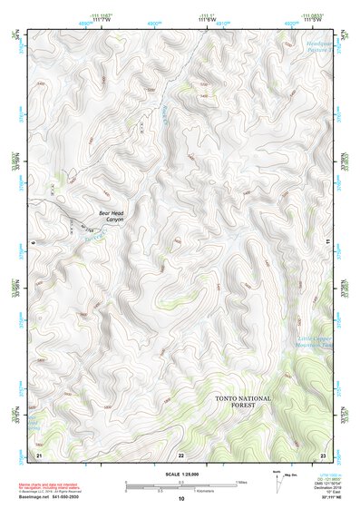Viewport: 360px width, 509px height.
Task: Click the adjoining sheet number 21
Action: [39, 454]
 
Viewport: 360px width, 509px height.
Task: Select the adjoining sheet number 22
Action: [181, 454]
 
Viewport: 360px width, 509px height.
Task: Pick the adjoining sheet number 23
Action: [323, 454]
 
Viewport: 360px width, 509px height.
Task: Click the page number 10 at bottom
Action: [181, 498]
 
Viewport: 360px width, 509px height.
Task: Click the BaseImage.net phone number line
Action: [49, 497]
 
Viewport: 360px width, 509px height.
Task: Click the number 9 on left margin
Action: [30, 243]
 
